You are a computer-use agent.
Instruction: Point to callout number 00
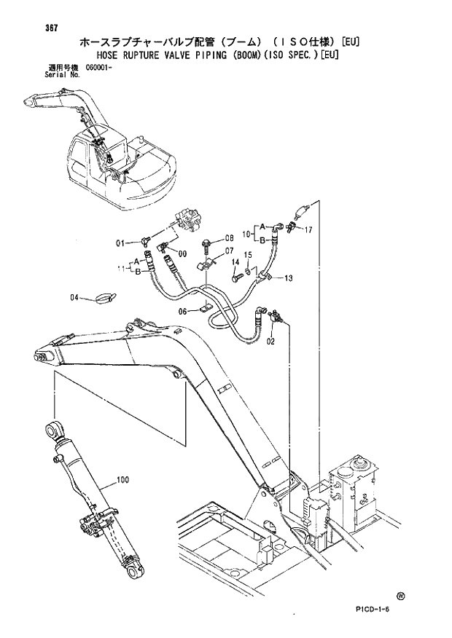coord(182,253)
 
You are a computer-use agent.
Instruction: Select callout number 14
coord(235,261)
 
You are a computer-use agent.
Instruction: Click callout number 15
coord(248,254)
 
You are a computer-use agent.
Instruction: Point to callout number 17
coord(308,229)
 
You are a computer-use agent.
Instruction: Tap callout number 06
coord(184,312)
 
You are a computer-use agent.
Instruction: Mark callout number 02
coord(270,340)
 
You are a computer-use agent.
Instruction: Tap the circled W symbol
coord(401,596)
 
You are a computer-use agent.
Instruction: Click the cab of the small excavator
coord(95,153)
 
